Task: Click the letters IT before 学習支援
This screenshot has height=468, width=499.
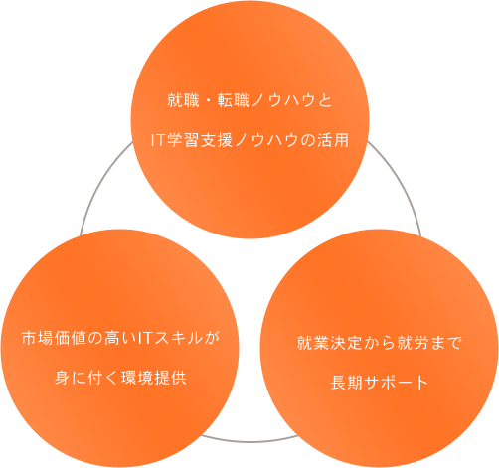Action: [x=158, y=140]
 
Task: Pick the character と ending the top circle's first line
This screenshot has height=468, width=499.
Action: [x=325, y=100]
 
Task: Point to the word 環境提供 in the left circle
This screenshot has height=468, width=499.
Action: [x=154, y=378]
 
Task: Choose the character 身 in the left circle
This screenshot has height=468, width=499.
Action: [x=63, y=378]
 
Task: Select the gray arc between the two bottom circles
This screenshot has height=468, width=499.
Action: [x=249, y=440]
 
